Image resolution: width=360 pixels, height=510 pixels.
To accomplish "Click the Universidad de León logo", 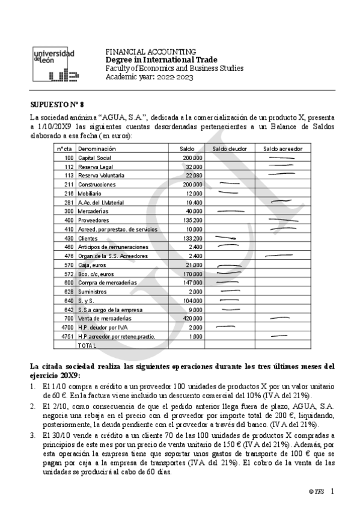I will (55, 65).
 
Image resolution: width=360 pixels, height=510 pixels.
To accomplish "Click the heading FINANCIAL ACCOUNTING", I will (150, 52).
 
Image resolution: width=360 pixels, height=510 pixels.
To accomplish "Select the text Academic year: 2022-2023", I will (150, 77).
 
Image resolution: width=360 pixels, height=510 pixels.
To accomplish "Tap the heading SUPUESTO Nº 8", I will (57, 104).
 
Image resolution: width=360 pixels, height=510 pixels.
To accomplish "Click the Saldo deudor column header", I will (229, 149).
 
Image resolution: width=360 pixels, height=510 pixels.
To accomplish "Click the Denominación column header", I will (97, 149).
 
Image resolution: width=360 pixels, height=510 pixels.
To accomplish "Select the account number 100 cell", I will (69, 158).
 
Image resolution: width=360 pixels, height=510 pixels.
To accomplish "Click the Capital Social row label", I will (95, 158).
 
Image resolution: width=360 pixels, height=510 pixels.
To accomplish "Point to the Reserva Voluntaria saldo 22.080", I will (194, 175).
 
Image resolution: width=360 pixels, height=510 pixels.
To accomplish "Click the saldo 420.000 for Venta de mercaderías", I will (192, 318).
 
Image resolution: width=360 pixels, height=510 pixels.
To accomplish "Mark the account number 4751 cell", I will (67, 336).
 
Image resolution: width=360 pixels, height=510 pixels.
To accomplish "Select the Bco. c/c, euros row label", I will (96, 274).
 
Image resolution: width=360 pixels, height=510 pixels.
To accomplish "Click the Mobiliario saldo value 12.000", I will (194, 193).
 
